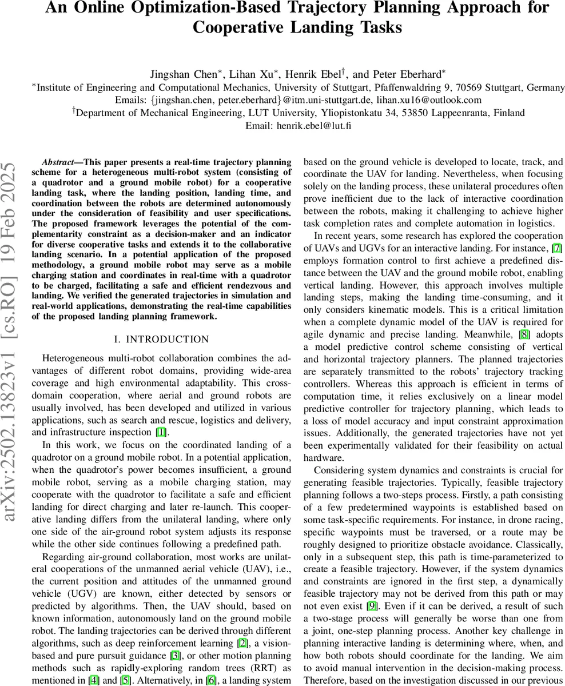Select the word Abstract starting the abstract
pos(59,162)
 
